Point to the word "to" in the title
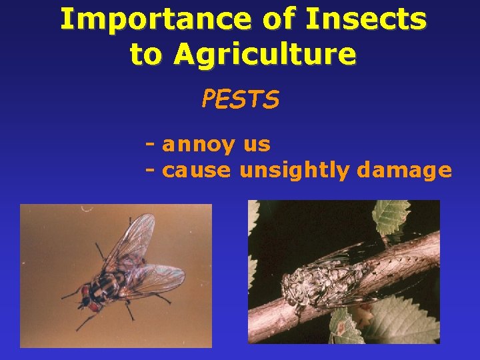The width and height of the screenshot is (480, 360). [145, 54]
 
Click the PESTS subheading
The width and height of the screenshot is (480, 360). [240, 99]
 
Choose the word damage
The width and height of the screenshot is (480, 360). [404, 171]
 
